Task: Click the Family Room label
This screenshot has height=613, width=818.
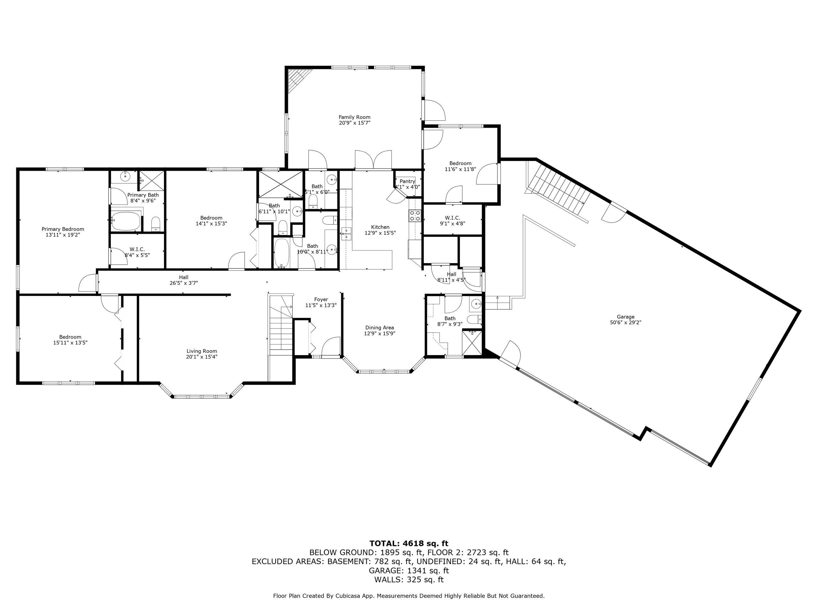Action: (x=354, y=117)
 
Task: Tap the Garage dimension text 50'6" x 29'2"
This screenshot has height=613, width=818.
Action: (x=625, y=322)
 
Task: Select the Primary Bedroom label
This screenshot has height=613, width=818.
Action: (x=63, y=229)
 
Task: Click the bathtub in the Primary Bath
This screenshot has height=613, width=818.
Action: (x=126, y=221)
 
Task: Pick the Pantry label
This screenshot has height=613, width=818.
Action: (x=407, y=181)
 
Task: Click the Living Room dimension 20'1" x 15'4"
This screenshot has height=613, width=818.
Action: (x=202, y=357)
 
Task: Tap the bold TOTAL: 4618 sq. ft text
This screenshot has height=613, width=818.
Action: (x=409, y=543)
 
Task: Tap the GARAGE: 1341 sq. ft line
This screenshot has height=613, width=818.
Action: (x=409, y=571)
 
